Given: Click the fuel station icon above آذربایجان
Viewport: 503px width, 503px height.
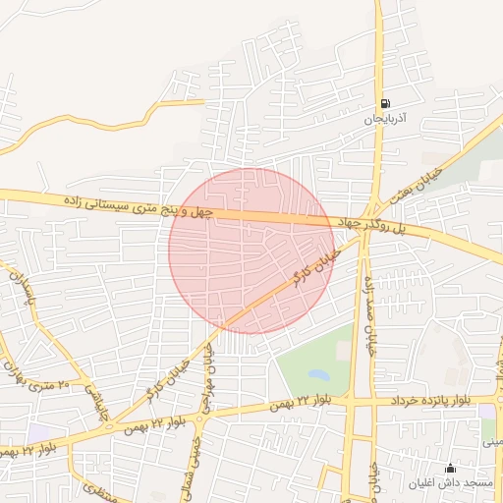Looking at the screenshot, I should coord(384,104).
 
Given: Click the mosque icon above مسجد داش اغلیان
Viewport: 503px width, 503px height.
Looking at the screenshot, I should coord(451,469).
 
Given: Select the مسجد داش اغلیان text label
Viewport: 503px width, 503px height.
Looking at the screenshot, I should coord(451,483).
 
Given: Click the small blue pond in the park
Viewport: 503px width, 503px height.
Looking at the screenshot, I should coord(318,374).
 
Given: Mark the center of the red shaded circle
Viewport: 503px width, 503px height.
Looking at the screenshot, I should coord(251,251).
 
